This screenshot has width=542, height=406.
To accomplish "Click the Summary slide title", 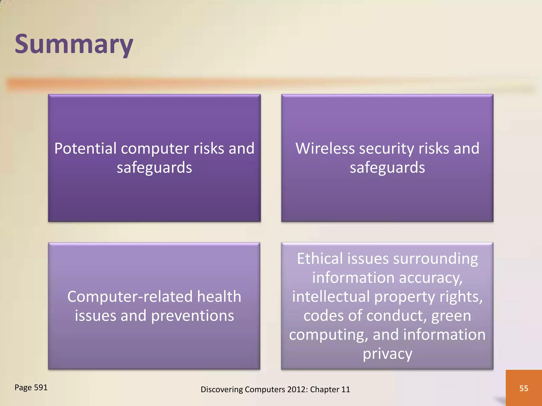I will pyautogui.click(x=74, y=44).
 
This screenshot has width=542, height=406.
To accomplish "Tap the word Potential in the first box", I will pyautogui.click(x=85, y=149).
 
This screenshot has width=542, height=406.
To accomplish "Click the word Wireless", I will pyautogui.click(x=325, y=149).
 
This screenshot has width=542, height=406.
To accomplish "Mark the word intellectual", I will pyautogui.click(x=331, y=297).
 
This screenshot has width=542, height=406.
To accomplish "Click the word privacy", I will pyautogui.click(x=387, y=354).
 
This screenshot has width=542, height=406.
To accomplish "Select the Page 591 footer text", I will pyautogui.click(x=31, y=387).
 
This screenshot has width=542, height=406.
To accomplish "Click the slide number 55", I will pyautogui.click(x=523, y=388).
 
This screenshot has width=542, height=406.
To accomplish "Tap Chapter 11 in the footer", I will pyautogui.click(x=330, y=389).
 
